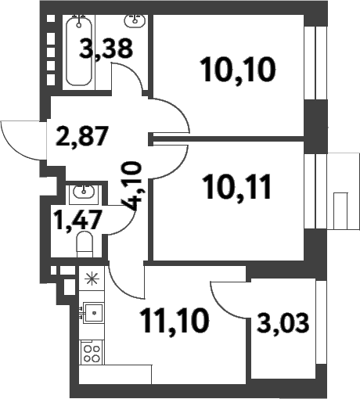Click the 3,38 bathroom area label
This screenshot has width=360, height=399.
tap(106, 49)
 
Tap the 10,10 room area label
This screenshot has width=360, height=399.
tap(238, 70)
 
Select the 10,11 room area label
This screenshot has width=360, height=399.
tap(238, 187)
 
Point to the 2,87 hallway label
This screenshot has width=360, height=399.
tap(81, 136)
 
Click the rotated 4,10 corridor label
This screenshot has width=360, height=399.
tap(132, 186)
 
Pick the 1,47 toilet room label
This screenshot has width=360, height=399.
tap(77, 220)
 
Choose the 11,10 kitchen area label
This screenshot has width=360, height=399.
tap(175, 321)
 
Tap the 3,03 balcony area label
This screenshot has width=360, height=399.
tap(283, 323)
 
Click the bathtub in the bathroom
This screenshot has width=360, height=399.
tap(79, 51)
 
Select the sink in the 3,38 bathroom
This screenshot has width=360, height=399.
tap(135, 20)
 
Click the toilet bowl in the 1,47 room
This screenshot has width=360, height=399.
tap(85, 245)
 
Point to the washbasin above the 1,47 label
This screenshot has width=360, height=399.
tap(84, 192)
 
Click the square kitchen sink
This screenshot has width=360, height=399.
tap(93, 313)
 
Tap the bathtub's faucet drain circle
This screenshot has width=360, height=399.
tap(79, 25)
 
